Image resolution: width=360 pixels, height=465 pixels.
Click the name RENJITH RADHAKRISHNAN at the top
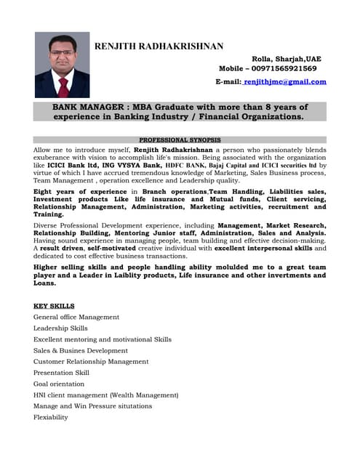tap(159, 46)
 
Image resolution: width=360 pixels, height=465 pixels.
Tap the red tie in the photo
tap(63, 87)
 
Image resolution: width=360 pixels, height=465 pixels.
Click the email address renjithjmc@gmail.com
tap(285, 81)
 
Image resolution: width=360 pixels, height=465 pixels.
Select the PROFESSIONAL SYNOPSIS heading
tap(180, 139)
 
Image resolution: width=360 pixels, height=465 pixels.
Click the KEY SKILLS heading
tap(54, 306)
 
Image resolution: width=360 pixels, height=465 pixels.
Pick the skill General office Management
tap(76, 318)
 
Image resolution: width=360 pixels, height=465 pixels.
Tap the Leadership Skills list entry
tap(60, 328)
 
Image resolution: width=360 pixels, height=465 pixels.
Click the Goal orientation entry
tap(60, 384)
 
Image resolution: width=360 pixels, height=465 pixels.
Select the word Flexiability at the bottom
tap(51, 417)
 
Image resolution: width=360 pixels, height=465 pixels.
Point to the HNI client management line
tap(105, 395)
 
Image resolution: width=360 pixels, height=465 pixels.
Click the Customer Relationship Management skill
tap(91, 361)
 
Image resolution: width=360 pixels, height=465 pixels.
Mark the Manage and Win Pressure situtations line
tap(93, 405)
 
